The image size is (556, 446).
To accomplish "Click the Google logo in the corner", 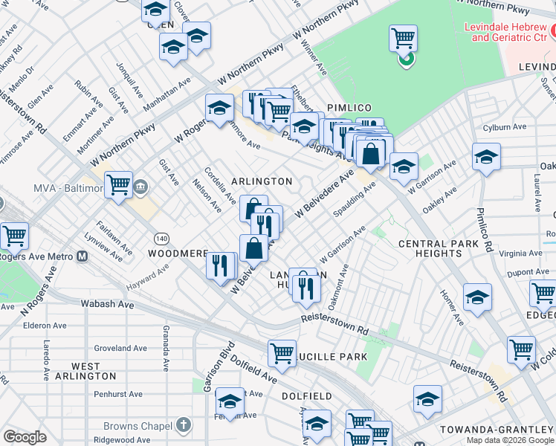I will (25, 437).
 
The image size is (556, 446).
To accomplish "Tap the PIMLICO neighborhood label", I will (347, 108).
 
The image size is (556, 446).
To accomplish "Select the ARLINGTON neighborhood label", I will (261, 181).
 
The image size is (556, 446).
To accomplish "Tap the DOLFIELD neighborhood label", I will (306, 396).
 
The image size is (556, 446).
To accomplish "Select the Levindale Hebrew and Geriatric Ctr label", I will (505, 31).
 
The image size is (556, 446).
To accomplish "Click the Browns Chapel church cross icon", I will (184, 426).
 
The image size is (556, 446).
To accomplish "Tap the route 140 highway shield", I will (161, 238).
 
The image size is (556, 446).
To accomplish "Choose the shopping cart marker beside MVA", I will (118, 185).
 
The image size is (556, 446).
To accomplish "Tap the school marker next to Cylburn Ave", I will (486, 158).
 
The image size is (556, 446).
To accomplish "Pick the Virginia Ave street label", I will (521, 253).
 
